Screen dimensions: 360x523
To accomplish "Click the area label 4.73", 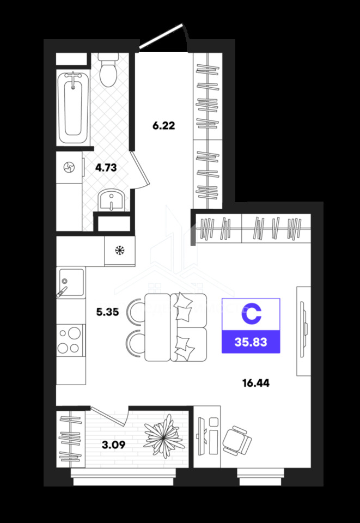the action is (106, 167).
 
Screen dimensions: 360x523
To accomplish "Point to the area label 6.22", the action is (164, 126).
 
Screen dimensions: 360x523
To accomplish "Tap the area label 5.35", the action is (107, 312).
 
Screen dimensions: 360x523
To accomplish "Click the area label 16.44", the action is (256, 383).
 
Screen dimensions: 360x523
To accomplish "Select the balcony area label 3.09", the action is (114, 445).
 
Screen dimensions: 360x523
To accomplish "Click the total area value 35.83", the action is (251, 342).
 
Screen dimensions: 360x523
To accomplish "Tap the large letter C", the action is (251, 314).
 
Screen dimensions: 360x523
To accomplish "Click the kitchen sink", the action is (71, 282).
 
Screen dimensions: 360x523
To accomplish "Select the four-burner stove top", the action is (69, 340).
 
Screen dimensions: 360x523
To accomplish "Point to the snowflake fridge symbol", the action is (119, 250).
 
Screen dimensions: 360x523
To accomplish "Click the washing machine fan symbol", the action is (70, 167).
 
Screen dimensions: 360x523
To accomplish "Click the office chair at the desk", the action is (237, 440).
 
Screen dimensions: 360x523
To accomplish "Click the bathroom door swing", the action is (141, 171).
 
